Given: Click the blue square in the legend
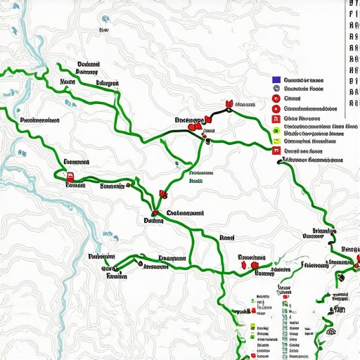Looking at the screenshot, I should tap(276, 80).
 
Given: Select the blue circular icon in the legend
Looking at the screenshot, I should tap(276, 89).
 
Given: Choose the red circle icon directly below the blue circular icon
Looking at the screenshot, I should tap(276, 99).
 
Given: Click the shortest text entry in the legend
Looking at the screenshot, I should tap(292, 99).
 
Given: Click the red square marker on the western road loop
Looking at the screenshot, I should tap(70, 177).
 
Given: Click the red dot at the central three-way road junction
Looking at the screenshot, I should tap(154, 213).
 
